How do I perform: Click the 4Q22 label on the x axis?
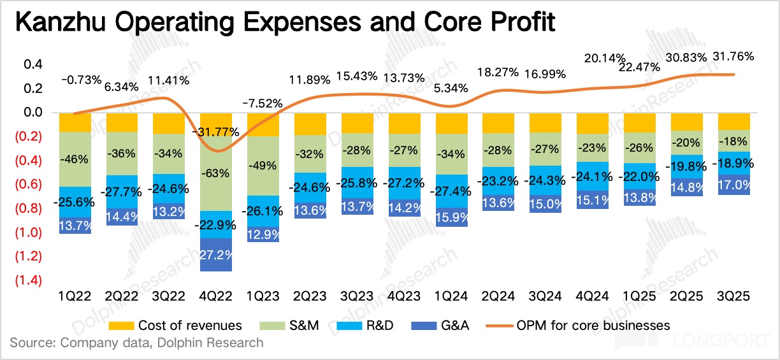click(x=216, y=296)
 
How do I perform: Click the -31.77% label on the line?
click(x=215, y=133)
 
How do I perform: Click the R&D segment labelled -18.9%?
click(x=733, y=163)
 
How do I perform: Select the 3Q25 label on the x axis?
click(x=733, y=296)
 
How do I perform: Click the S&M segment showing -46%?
click(x=75, y=159)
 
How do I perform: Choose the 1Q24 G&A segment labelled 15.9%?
click(x=451, y=217)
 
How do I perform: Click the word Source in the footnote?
click(x=32, y=343)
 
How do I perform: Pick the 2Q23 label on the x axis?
click(x=310, y=296)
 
